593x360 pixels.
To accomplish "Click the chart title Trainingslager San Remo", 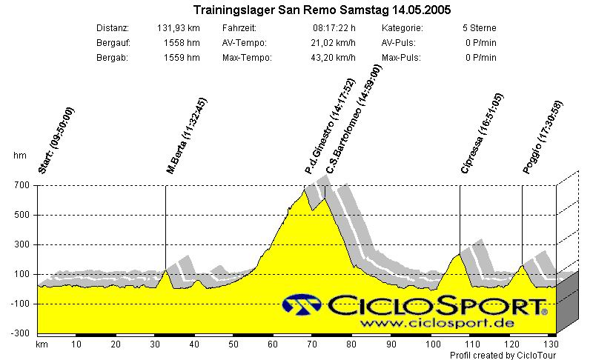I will [321, 10].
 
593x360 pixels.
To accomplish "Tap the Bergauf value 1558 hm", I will [182, 43].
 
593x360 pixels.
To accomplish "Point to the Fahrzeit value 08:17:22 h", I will [335, 28].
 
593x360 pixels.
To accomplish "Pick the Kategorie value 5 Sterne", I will [478, 28].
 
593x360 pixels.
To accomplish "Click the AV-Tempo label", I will [244, 43].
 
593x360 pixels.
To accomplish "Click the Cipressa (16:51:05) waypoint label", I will [482, 133].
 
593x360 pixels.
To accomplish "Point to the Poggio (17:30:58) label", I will [543, 136].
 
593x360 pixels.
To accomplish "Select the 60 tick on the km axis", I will [273, 344].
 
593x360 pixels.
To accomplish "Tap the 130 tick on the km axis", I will [550, 344].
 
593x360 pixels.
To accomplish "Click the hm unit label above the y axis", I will [19, 156].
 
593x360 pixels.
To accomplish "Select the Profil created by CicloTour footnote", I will [503, 355].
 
